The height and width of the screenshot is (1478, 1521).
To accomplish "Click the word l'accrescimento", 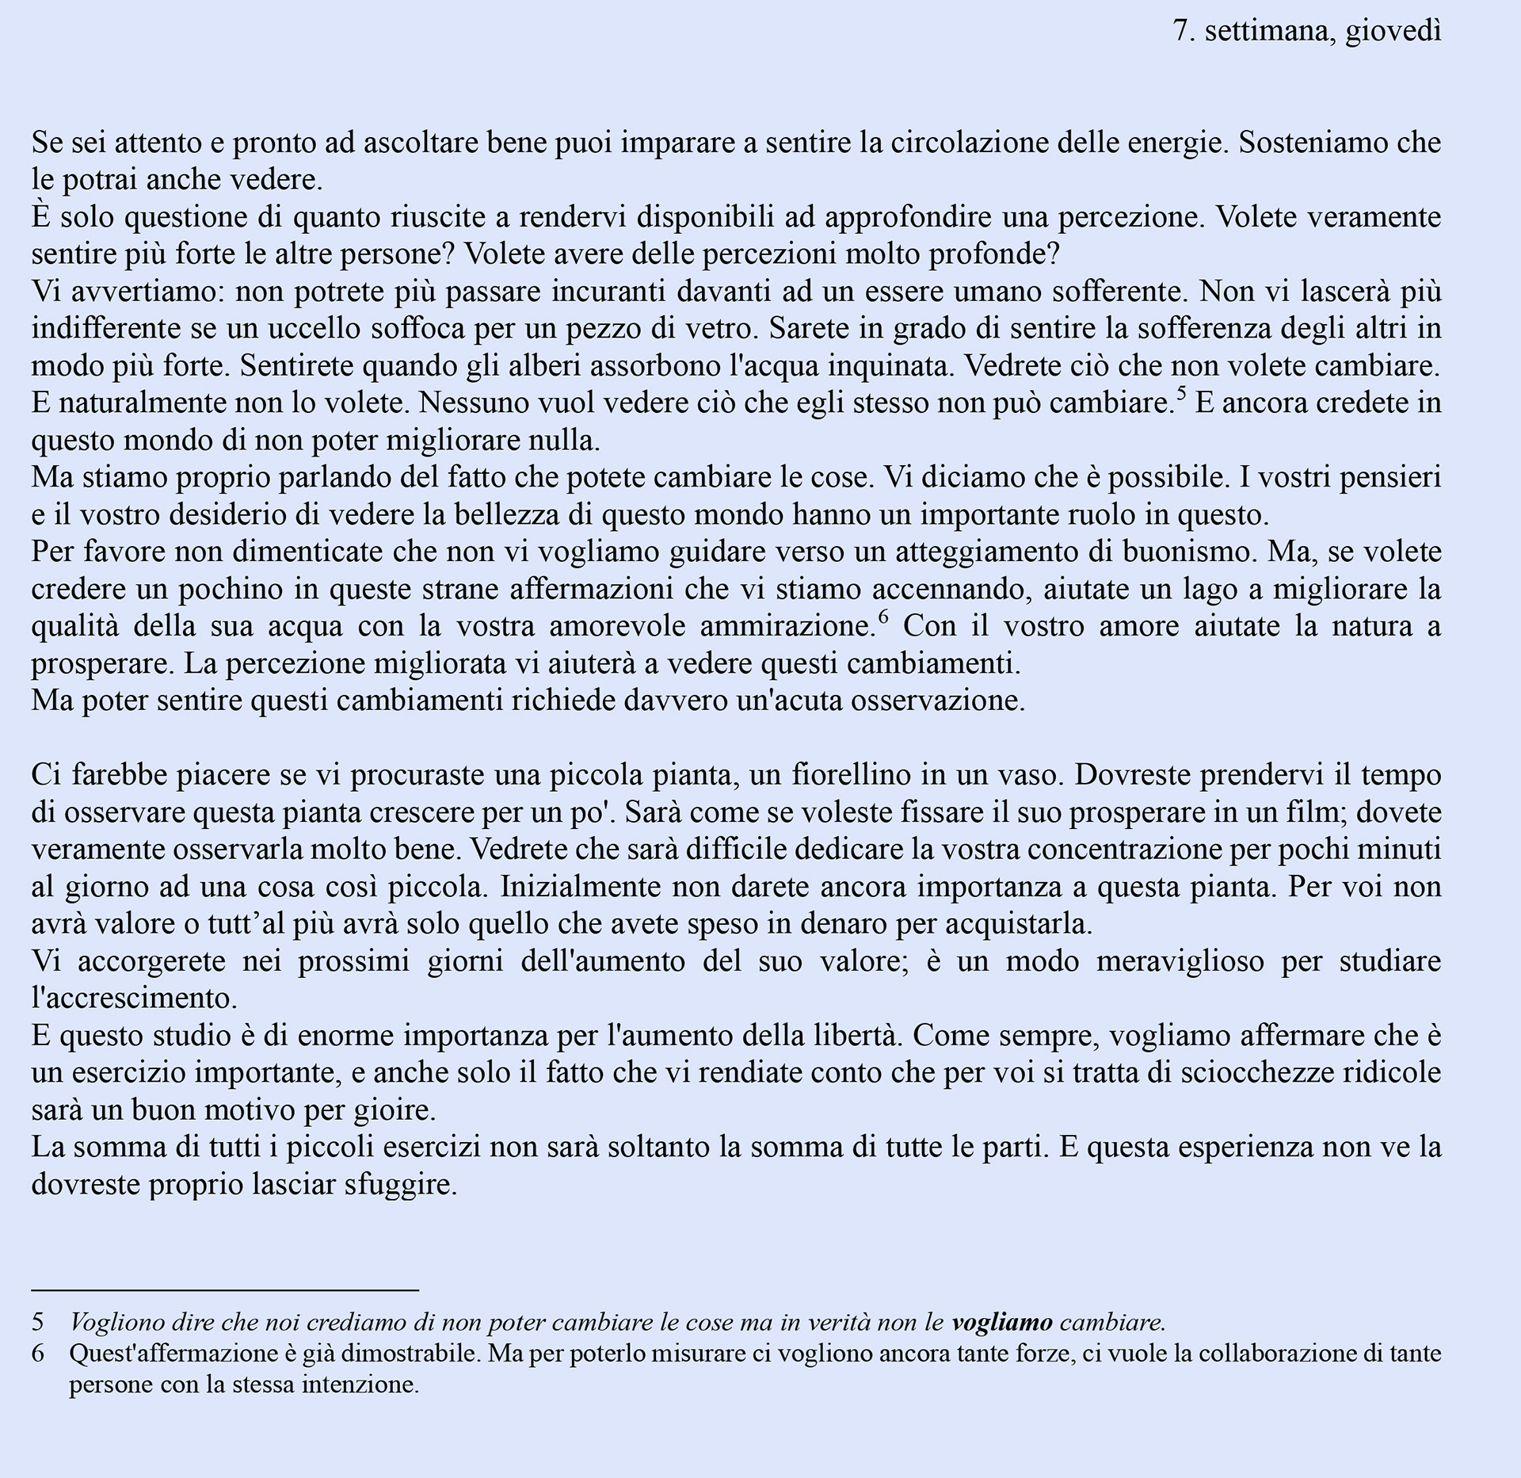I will (x=135, y=998).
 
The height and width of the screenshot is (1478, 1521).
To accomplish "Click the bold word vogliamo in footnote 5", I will (x=1002, y=1322).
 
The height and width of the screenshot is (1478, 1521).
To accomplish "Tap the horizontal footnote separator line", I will (x=225, y=1290).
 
